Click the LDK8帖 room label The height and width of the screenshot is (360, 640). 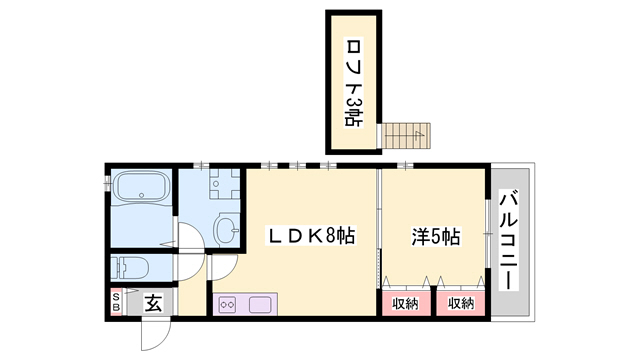click(310, 237)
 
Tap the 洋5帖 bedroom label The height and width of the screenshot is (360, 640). click(436, 237)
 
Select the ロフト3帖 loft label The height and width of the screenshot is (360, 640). click(353, 82)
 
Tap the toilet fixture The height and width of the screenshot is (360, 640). click(130, 267)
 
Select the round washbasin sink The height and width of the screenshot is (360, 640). click(228, 229)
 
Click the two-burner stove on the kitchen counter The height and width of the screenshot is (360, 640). click(227, 304)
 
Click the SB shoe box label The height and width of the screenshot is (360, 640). click(116, 301)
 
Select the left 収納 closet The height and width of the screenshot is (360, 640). click(404, 303)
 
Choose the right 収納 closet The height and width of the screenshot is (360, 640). click(461, 303)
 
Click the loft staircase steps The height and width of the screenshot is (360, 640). click(408, 135)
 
